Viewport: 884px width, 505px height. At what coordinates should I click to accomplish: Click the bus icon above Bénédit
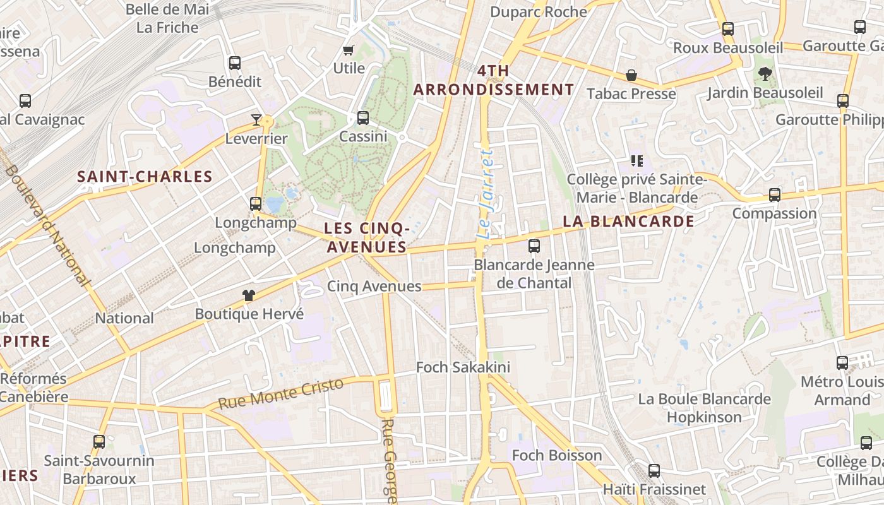tap(235, 62)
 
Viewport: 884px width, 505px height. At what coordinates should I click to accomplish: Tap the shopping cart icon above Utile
tap(348, 50)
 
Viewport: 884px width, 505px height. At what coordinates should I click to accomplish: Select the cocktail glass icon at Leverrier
tap(256, 119)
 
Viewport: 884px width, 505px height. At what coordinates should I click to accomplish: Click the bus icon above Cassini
tap(363, 117)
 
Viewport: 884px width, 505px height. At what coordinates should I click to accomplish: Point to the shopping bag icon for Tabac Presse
tap(631, 75)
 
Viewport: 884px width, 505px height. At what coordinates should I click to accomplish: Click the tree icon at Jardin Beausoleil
tap(765, 74)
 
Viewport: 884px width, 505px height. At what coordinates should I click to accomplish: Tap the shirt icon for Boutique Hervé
tap(249, 295)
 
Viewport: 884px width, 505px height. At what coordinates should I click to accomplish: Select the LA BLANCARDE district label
tap(628, 222)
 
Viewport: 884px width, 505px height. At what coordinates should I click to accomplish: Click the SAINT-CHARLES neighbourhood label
tap(145, 177)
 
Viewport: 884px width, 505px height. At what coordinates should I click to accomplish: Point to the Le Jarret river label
tap(484, 194)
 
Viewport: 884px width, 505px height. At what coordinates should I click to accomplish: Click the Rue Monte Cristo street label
tap(280, 394)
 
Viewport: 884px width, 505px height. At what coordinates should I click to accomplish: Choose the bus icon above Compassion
tap(775, 194)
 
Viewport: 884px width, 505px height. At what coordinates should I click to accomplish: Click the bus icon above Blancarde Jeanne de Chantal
tap(534, 246)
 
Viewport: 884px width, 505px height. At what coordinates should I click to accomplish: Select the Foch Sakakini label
tap(463, 367)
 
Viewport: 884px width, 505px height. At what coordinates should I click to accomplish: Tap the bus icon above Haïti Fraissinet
tap(654, 470)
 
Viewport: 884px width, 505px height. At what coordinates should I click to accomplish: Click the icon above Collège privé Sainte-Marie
tap(636, 161)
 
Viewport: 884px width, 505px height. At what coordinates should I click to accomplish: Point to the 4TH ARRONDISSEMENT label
tap(493, 80)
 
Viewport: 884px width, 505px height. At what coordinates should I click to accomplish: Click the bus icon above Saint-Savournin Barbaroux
tap(99, 441)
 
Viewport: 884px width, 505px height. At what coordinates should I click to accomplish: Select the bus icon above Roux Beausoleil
tap(728, 28)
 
